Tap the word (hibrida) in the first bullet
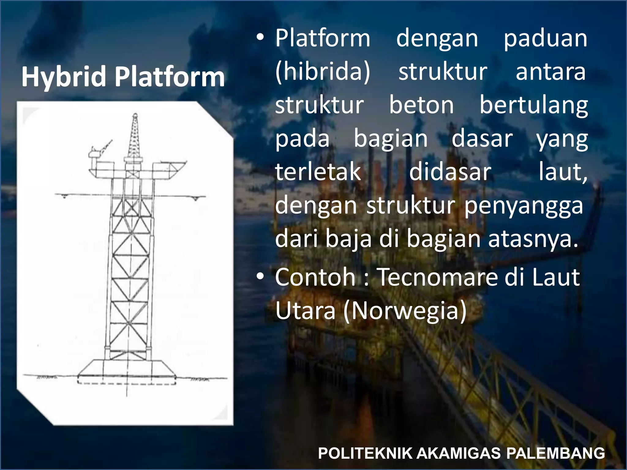(x=323, y=72)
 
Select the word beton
(x=421, y=105)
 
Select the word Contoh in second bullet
(x=315, y=277)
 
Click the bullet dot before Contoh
(x=260, y=276)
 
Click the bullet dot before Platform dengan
(x=260, y=38)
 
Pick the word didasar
(x=450, y=172)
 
